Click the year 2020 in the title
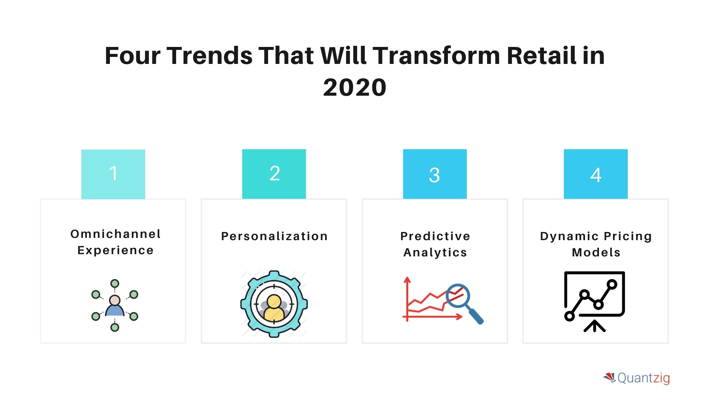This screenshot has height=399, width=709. point(354,88)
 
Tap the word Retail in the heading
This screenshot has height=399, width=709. point(541,56)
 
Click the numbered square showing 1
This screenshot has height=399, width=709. point(113,174)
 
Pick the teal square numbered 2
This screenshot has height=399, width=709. point(274,174)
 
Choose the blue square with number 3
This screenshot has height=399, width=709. point(435,174)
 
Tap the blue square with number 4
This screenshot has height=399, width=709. point(596,174)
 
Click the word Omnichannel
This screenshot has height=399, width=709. point(116,234)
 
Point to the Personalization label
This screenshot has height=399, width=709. point(274,236)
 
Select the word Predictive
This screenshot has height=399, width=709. point(435,236)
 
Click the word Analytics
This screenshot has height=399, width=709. point(435,252)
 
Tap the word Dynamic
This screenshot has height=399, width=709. point(569,236)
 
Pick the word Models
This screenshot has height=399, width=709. point(596,252)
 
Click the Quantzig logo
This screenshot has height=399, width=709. point(637,378)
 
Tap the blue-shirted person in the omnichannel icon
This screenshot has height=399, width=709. point(115,307)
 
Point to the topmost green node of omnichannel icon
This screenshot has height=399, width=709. point(115,283)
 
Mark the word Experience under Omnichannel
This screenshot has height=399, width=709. point(116,250)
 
